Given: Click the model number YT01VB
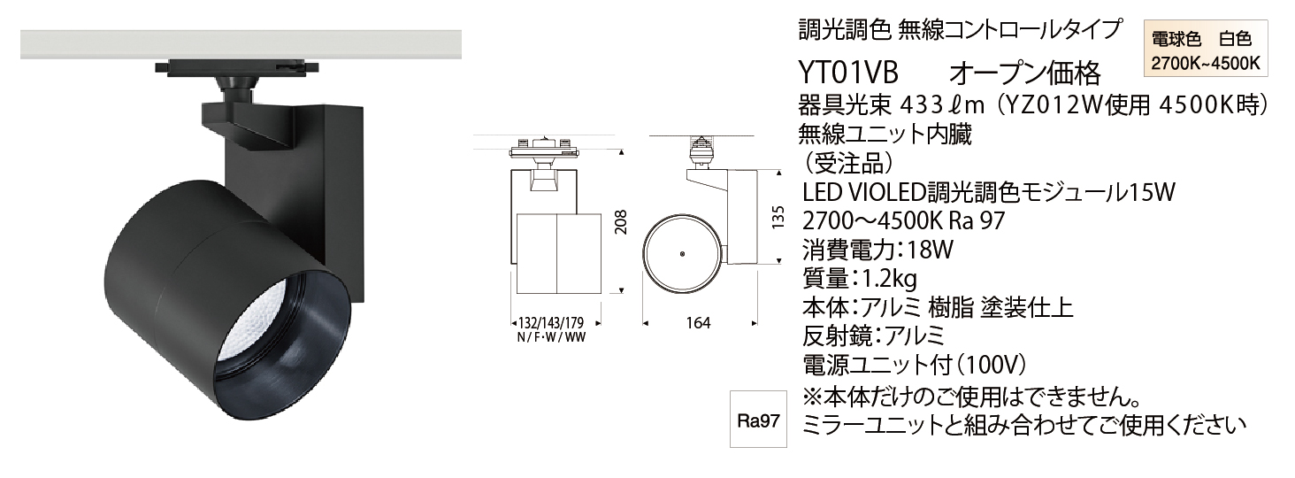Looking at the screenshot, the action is [x=848, y=73].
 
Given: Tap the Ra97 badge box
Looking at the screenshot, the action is [x=758, y=420].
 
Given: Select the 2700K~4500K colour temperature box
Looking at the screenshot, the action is [x=1206, y=49].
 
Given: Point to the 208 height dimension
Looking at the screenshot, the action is [x=620, y=221].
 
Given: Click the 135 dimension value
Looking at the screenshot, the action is [x=778, y=217].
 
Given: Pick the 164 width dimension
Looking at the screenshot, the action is [x=699, y=323].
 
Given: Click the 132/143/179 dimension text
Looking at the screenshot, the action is [x=551, y=322].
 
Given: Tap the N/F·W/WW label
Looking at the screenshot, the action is [x=551, y=337].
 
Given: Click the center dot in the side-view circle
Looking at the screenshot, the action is [x=683, y=253].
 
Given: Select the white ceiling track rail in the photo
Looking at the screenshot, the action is [x=241, y=44].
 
